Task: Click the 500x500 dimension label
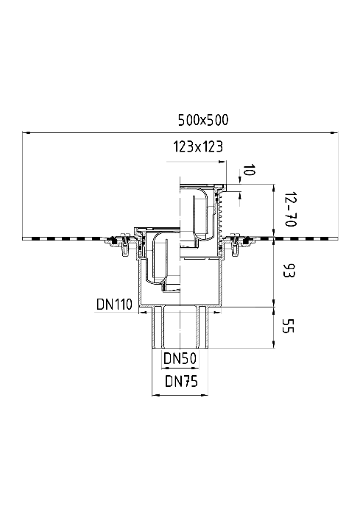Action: pyautogui.click(x=203, y=120)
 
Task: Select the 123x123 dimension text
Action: pyautogui.click(x=198, y=146)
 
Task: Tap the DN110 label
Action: pyautogui.click(x=114, y=305)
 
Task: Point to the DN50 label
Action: pyautogui.click(x=180, y=359)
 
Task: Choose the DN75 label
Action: pyautogui.click(x=181, y=381)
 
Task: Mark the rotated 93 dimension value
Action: pyautogui.click(x=289, y=271)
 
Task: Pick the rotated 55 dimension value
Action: pyautogui.click(x=288, y=326)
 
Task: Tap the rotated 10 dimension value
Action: pyautogui.click(x=248, y=169)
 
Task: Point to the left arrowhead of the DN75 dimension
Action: pyautogui.click(x=155, y=395)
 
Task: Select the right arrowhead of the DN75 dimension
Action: pyautogui.click(x=205, y=395)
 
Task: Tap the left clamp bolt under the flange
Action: pyautogui.click(x=125, y=245)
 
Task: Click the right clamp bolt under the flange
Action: pyautogui.click(x=234, y=245)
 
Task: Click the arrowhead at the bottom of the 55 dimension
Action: pyautogui.click(x=274, y=344)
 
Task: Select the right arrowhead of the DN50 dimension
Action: pyautogui.click(x=196, y=368)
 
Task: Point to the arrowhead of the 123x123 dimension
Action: pyautogui.click(x=222, y=161)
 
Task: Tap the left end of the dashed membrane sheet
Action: pyautogui.click(x=24, y=239)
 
